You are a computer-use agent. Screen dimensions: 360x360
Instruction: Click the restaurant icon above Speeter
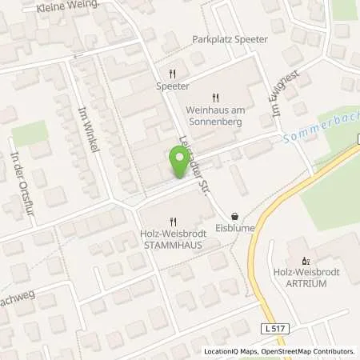(173, 70)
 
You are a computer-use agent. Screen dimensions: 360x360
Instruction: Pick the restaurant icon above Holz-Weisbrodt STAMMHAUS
(172, 222)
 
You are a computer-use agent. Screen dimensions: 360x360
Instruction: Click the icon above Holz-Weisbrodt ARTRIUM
(304, 261)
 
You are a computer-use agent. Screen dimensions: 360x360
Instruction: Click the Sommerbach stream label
(316, 132)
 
